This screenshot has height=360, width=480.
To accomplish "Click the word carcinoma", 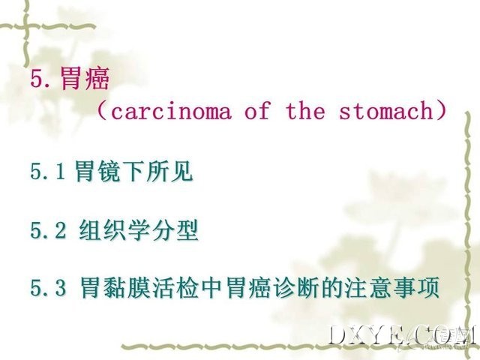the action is point(171,111).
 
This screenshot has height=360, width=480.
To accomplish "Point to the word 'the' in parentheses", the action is point(305,110).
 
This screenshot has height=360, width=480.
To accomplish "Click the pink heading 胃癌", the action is point(85,78).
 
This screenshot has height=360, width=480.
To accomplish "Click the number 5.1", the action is point(48,171).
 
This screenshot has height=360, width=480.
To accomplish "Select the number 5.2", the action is point(48,230).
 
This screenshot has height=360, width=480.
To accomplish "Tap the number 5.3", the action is point(48,287).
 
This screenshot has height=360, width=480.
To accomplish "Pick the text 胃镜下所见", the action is point(133,171).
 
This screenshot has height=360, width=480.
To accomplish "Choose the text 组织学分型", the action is point(139,230).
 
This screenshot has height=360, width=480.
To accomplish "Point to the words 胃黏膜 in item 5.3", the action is point(115,287).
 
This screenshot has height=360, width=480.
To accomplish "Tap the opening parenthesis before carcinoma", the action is point(103,112).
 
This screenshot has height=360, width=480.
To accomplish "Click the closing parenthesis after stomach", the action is point(441,111).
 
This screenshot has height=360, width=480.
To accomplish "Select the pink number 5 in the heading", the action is point(37,79).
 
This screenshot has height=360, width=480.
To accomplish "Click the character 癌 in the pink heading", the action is point(97,78).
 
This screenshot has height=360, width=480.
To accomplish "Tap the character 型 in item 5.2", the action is point(187,230).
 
